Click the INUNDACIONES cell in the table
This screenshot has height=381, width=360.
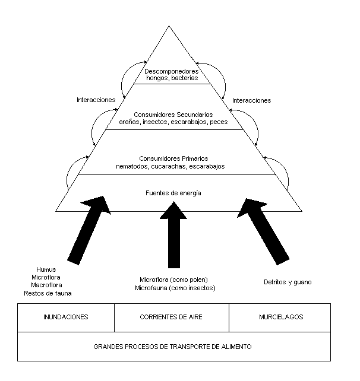tap(65, 317)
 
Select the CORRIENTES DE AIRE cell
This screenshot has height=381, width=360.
tap(171, 317)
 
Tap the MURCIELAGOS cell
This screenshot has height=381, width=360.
tap(280, 317)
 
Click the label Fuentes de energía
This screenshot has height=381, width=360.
tap(173, 193)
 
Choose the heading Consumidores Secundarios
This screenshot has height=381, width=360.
tap(173, 114)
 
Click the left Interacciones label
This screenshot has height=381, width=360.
tap(96, 100)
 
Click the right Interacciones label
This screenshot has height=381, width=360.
tap(252, 100)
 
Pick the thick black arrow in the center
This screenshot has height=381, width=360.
tap(173, 234)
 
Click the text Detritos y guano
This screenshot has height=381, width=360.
tap(288, 282)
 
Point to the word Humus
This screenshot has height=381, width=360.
tap(46, 269)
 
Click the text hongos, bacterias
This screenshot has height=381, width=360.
tap(172, 78)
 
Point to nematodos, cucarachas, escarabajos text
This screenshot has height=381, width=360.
tap(170, 167)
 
